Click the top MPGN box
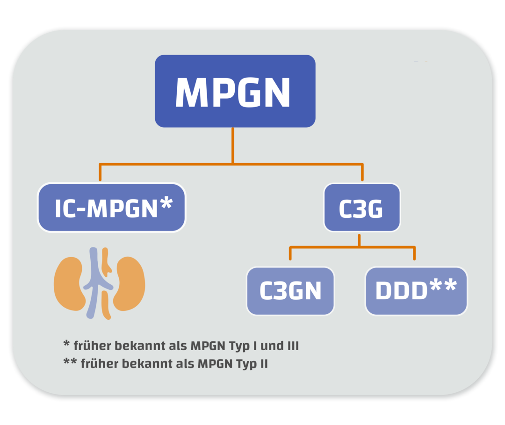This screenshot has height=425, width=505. (235, 91)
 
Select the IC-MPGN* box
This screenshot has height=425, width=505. (111, 207)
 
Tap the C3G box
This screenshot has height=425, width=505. (362, 208)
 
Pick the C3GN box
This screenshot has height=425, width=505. (290, 291)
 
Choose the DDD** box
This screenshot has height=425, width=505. (416, 291)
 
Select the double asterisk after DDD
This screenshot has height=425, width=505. (442, 286)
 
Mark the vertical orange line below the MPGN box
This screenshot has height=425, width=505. (232, 145)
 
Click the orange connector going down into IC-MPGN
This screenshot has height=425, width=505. (100, 173)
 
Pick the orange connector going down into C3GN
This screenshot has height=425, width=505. (290, 254)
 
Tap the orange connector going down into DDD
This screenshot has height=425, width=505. (414, 254)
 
